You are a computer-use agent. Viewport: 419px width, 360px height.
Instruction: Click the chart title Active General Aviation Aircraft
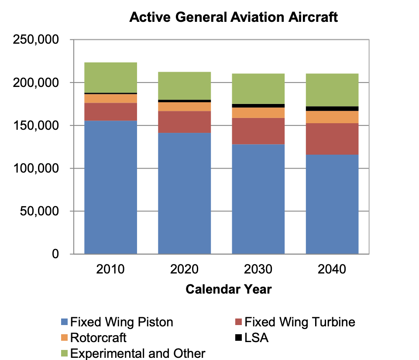pos(234,17)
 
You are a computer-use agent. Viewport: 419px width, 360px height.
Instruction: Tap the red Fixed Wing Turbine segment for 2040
pos(332,138)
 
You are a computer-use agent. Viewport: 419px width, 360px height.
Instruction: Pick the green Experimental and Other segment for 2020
pos(184,86)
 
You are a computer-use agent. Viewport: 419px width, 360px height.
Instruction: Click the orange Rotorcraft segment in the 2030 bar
pos(258,112)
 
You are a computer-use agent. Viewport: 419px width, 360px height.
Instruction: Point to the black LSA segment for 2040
pos(332,108)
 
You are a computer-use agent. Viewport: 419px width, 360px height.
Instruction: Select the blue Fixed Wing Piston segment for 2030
pos(258,199)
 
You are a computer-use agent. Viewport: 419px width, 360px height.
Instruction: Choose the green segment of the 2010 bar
pos(110,77)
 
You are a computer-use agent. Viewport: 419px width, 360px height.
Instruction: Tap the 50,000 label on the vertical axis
pos(40,211)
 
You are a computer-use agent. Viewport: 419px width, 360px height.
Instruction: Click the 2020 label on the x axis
pos(184,269)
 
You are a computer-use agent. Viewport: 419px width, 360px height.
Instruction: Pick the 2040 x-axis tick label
pos(332,269)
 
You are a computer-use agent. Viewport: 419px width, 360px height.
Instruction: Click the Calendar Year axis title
pos(229,289)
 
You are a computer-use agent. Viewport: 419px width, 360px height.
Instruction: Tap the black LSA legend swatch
pos(238,338)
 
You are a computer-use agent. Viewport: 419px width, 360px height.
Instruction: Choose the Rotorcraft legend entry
pos(98,338)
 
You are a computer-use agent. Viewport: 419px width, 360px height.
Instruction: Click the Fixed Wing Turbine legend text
pos(299,322)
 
